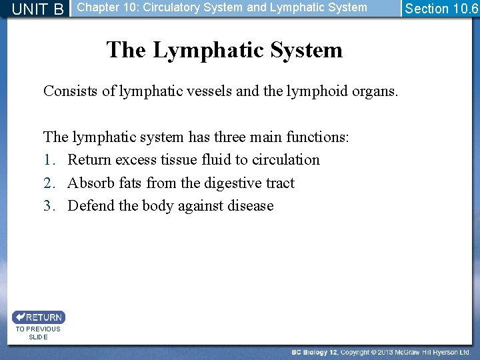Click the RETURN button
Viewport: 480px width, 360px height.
pos(39,317)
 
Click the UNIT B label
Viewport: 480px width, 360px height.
pos(38,9)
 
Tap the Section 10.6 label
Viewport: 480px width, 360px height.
pos(441,9)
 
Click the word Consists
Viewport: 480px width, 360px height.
pos(71,91)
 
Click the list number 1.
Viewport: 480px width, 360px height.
pos(48,160)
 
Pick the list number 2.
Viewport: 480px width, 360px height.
pos(48,183)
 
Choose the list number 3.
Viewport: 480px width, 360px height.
pos(48,205)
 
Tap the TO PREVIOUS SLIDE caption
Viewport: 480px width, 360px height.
pos(38,333)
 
